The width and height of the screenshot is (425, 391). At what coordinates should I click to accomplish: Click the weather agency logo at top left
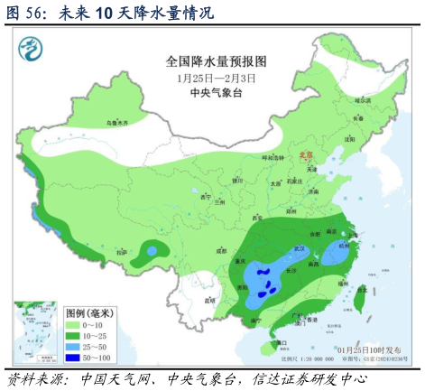(x=33, y=46)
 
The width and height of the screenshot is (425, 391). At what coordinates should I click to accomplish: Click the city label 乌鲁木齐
(x=111, y=121)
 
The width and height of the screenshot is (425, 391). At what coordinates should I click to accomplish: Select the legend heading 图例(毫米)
(x=90, y=312)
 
